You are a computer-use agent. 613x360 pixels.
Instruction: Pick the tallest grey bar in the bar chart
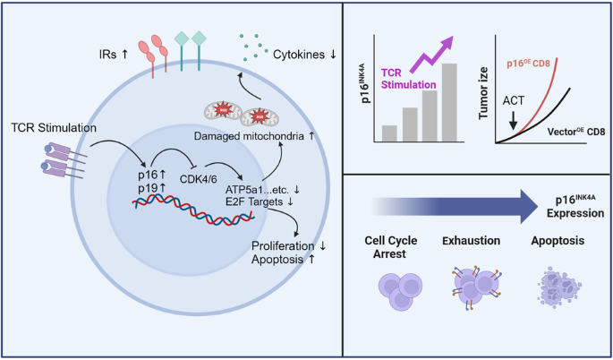(449, 102)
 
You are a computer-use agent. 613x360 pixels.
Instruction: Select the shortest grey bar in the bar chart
(389, 133)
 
